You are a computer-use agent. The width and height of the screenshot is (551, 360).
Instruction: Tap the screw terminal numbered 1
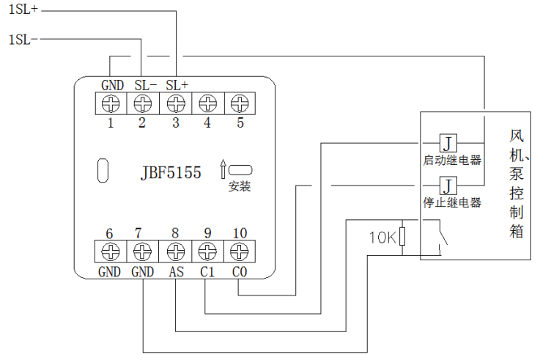pyautogui.click(x=111, y=102)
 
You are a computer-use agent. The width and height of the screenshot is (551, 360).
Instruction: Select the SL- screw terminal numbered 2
pyautogui.click(x=143, y=102)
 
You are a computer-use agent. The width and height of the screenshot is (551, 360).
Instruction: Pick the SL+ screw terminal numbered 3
pyautogui.click(x=175, y=102)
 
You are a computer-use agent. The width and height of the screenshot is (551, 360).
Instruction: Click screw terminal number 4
pyautogui.click(x=207, y=102)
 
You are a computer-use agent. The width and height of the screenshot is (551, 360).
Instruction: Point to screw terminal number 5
pyautogui.click(x=239, y=102)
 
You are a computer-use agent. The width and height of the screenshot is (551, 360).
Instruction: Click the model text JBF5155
pyautogui.click(x=171, y=174)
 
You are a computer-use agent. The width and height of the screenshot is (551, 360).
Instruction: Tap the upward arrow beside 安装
pyautogui.click(x=223, y=169)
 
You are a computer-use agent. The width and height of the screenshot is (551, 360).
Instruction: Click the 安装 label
pyautogui.click(x=240, y=187)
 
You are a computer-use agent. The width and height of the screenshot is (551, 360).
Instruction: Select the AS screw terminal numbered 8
pyautogui.click(x=175, y=251)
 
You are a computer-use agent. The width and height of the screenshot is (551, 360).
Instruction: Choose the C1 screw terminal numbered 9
pyautogui.click(x=207, y=251)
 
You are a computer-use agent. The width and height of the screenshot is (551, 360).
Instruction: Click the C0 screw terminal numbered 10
pyautogui.click(x=239, y=251)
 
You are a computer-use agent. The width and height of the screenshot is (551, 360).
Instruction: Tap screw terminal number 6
pyautogui.click(x=111, y=251)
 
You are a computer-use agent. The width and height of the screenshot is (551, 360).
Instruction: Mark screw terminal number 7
pyautogui.click(x=143, y=251)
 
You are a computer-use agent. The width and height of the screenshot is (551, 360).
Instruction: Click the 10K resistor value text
pyautogui.click(x=382, y=236)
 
